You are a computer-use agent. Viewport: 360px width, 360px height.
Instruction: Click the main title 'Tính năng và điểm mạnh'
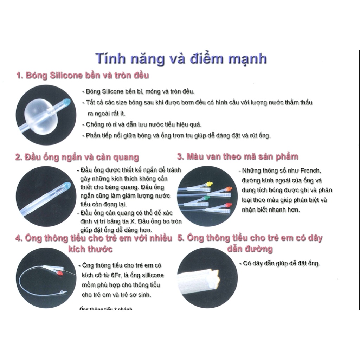(181, 59)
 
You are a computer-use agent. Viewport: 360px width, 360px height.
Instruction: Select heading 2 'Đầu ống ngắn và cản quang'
(77, 157)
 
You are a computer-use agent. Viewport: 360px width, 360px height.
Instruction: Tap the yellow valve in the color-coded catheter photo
(210, 184)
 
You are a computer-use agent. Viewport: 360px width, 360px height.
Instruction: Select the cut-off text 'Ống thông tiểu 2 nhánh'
(106, 309)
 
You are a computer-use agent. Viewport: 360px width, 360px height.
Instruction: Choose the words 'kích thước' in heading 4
(91, 249)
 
